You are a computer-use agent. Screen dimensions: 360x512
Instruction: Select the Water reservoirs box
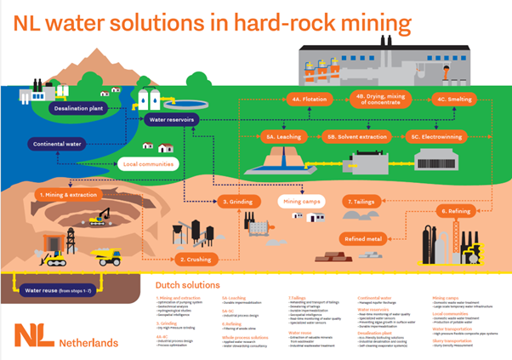[x=168, y=121]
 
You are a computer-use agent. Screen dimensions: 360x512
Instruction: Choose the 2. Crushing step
[x=194, y=258]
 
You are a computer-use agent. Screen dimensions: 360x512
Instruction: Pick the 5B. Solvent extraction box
[x=358, y=135]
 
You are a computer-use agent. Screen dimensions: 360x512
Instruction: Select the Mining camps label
[x=302, y=202]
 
